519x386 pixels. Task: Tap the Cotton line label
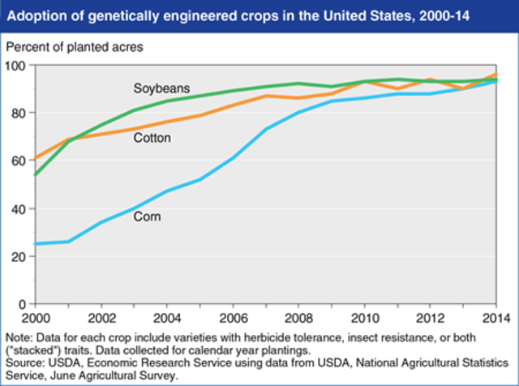point(153,138)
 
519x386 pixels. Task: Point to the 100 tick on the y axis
point(17,65)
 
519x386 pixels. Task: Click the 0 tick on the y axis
point(23,304)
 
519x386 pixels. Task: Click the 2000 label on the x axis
point(34,316)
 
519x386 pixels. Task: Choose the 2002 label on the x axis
point(101,316)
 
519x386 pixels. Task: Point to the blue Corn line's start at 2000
point(35,243)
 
